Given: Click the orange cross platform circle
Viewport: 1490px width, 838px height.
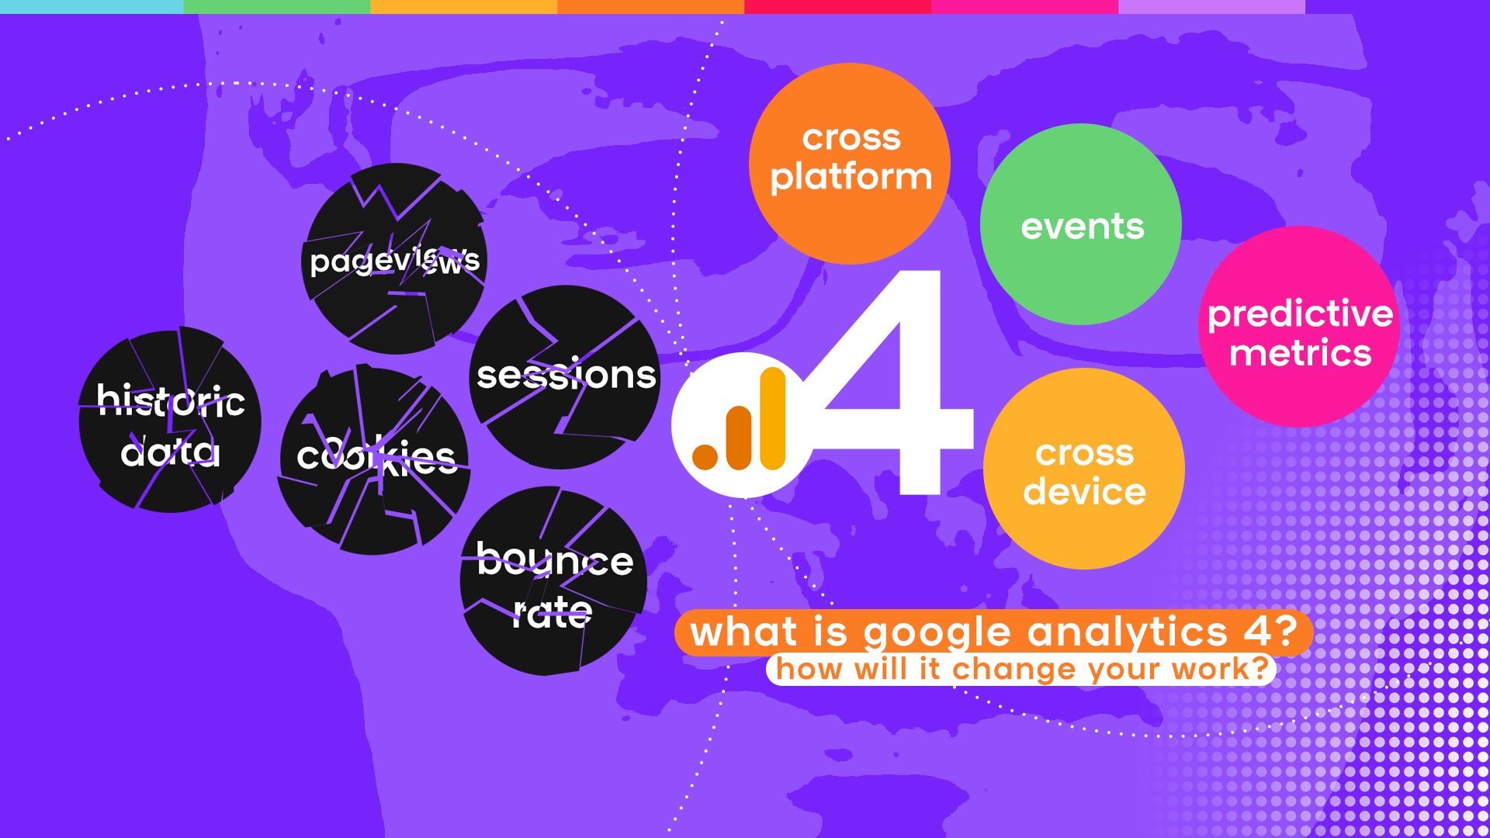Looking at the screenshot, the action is coord(850,164).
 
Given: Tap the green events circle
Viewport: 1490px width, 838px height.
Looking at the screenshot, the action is coord(1081,224).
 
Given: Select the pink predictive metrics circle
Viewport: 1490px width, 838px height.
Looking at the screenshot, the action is coord(1299,327).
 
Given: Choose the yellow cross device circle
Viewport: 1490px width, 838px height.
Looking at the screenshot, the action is coord(1084,469).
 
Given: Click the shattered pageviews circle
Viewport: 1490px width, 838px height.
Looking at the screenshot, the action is coord(394,258).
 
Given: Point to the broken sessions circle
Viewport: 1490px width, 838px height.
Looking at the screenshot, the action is coord(565,377).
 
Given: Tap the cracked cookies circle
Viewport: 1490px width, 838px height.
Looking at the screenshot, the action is coord(373,460).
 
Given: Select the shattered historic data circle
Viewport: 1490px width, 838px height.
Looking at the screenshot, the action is coord(170,420).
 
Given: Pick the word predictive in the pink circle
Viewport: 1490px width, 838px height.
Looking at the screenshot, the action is coord(1301,314).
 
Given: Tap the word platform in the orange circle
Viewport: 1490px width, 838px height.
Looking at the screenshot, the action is coord(851,178).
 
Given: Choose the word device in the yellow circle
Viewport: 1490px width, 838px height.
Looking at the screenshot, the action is coord(1084,491).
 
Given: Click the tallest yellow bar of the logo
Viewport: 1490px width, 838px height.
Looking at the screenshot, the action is coord(773,418).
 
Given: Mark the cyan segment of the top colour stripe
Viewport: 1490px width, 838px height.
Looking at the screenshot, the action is coord(92,7).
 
